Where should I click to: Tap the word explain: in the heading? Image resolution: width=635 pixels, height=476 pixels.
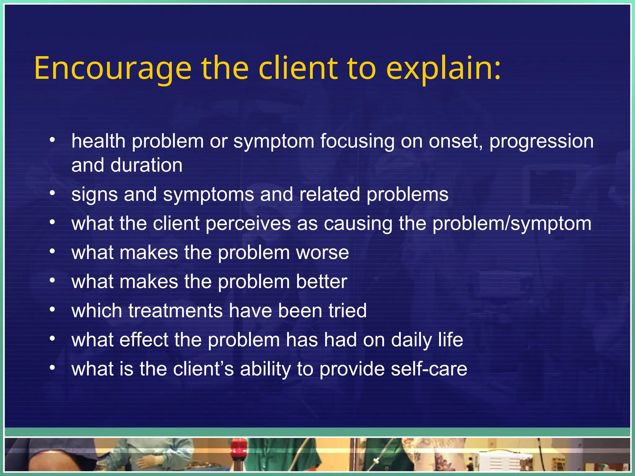pyautogui.click(x=443, y=69)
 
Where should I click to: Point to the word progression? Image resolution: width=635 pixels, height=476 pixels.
pyautogui.click(x=541, y=142)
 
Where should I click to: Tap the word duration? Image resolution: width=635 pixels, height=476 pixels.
pyautogui.click(x=146, y=165)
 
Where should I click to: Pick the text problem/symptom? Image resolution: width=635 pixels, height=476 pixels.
pyautogui.click(x=512, y=224)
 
